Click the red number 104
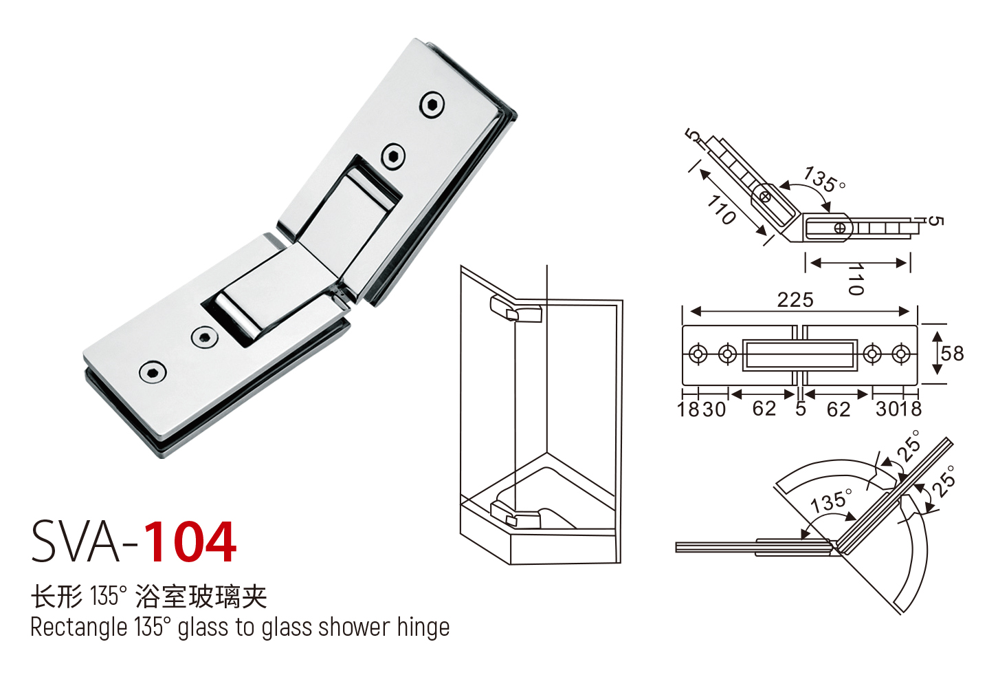point(190,542)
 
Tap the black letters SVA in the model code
point(76,542)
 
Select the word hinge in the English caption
point(423,627)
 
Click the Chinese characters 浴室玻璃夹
point(201,596)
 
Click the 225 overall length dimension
point(795,300)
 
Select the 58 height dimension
point(952,354)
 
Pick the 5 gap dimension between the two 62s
point(801,409)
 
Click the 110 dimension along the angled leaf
point(722,209)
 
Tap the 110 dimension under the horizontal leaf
point(855,279)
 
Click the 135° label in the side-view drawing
point(824,180)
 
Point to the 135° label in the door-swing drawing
point(831,501)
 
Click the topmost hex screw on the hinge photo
point(432,105)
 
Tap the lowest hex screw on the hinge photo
point(153,372)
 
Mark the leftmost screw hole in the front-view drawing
point(698,354)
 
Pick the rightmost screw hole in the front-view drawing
point(901,354)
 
